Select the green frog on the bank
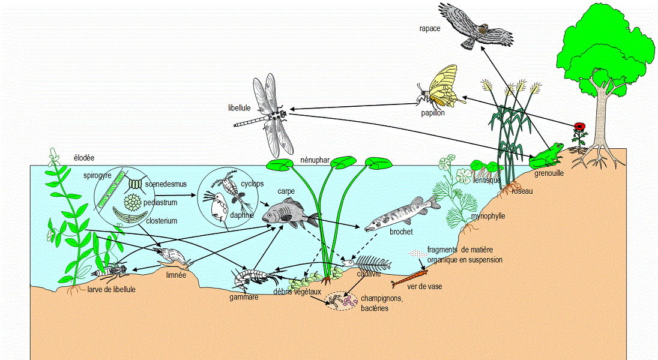point(546,155)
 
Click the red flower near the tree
point(580,127)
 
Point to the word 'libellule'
point(240,109)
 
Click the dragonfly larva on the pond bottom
point(111,272)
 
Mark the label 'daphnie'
point(240,215)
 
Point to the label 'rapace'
point(430,28)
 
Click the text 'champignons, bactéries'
point(381,303)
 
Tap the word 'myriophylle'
point(487,216)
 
